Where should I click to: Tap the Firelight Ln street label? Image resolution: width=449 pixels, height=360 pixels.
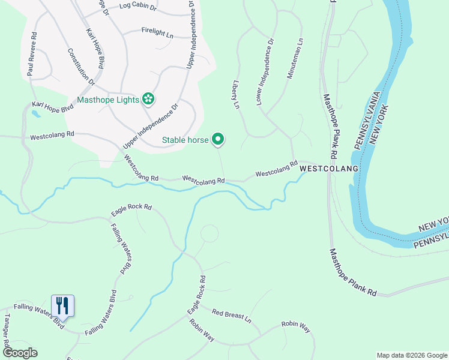click(x=157, y=32)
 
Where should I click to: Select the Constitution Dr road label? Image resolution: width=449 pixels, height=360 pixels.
click(x=81, y=66)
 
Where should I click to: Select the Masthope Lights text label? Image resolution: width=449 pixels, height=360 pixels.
click(x=109, y=99)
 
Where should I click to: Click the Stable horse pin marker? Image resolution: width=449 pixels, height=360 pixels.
click(x=218, y=139)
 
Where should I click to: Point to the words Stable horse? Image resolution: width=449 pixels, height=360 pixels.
click(x=185, y=140)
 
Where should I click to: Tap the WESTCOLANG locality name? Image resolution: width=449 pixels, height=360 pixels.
click(x=328, y=169)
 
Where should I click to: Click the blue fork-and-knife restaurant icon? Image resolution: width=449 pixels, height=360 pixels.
click(x=62, y=305)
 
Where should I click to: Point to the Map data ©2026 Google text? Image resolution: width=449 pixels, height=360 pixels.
click(x=411, y=355)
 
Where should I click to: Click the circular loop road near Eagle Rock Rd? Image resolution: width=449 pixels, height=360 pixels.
click(x=209, y=234)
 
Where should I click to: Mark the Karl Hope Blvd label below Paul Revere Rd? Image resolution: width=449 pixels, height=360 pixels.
click(x=53, y=108)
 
